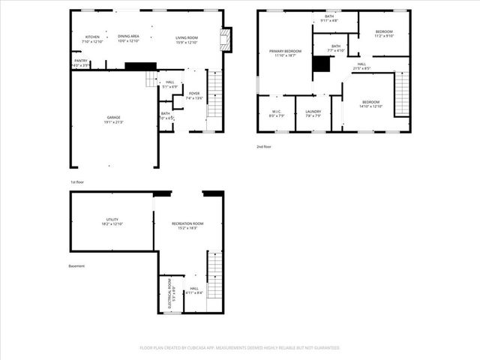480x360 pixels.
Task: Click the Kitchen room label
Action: (92, 37)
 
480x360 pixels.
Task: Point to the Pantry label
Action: (80, 62)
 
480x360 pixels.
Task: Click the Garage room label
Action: (113, 121)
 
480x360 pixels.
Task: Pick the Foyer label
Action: (194, 96)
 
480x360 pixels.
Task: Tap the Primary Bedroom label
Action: (286, 52)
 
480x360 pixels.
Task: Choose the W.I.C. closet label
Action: (276, 113)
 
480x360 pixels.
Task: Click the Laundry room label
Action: (313, 113)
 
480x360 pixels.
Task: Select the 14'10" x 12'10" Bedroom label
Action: (371, 103)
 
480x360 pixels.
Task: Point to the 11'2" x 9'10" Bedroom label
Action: (383, 34)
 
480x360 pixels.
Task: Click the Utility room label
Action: (112, 221)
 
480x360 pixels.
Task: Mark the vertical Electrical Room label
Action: (172, 295)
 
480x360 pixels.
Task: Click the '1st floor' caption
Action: (77, 182)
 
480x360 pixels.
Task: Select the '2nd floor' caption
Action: (264, 146)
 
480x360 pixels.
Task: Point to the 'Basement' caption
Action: (76, 265)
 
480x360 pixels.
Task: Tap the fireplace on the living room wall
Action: (226, 39)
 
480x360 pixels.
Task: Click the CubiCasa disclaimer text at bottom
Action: (240, 347)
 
